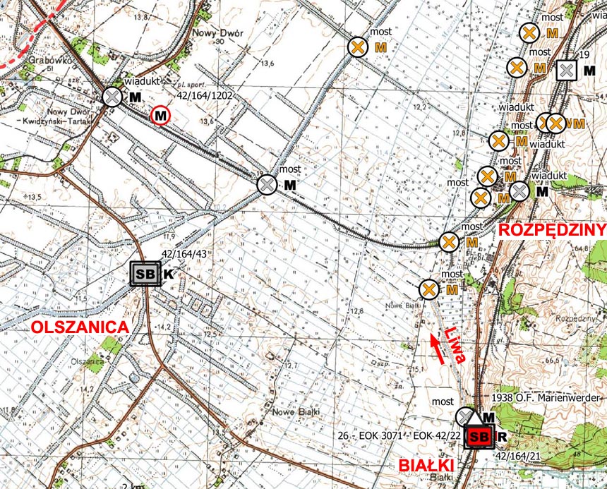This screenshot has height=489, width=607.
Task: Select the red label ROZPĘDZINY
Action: tap(553, 230)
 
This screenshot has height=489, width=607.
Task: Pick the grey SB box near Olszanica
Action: tap(146, 274)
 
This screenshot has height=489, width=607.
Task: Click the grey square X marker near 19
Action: tap(567, 70)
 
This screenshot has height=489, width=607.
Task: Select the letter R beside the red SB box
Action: tap(501, 437)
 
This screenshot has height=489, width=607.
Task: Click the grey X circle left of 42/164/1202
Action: tap(112, 97)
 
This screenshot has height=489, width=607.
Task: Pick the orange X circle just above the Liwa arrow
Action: tap(428, 289)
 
